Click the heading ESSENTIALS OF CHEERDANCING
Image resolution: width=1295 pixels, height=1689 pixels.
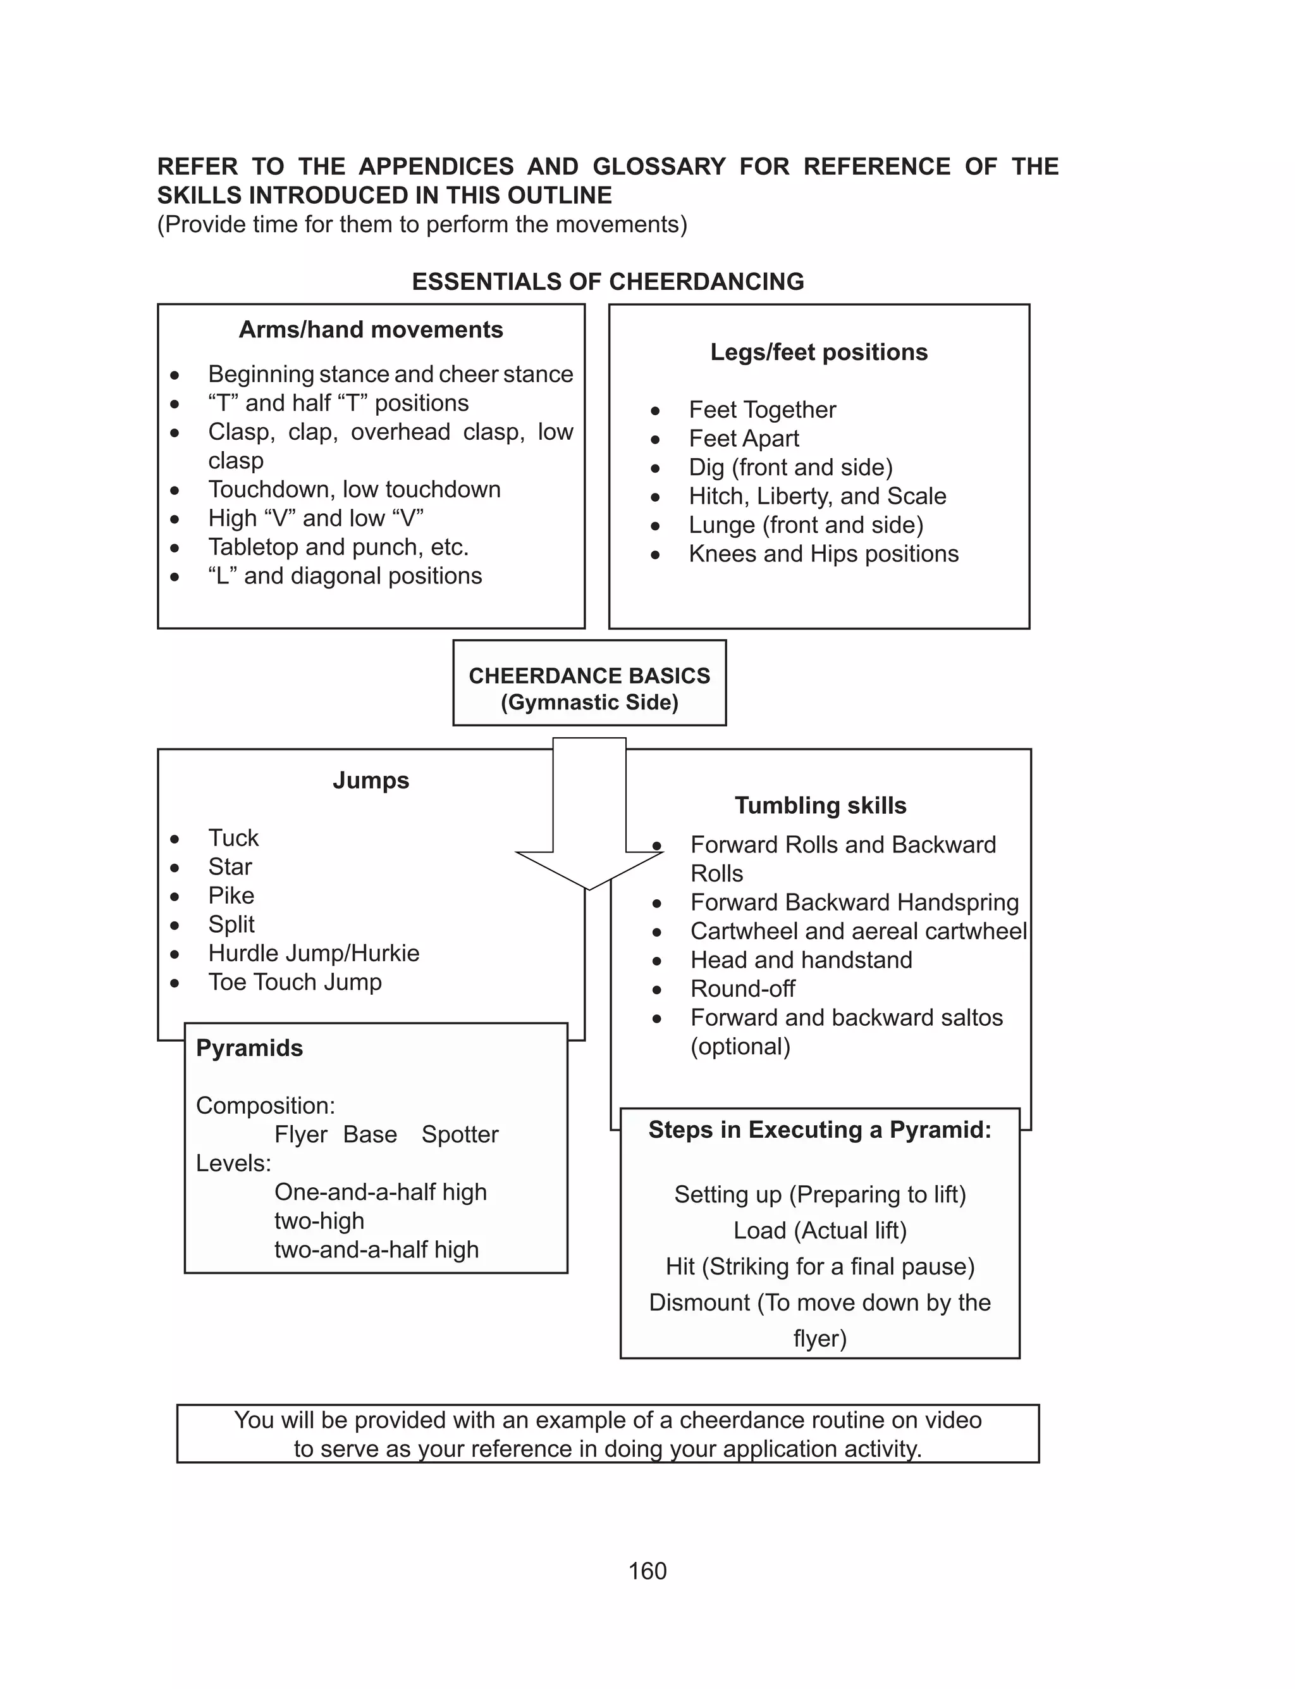608,282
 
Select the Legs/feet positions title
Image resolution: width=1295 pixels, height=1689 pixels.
819,352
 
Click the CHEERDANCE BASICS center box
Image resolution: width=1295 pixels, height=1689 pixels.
589,683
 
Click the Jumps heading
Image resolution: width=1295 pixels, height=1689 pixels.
371,780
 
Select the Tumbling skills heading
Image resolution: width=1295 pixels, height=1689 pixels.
820,805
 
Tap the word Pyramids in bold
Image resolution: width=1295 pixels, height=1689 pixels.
249,1048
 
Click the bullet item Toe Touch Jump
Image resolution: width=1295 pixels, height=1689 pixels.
295,982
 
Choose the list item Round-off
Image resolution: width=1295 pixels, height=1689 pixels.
742,988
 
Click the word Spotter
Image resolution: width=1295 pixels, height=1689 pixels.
460,1135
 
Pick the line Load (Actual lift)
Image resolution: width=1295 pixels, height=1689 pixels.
819,1230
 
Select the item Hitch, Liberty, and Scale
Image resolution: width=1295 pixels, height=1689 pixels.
817,496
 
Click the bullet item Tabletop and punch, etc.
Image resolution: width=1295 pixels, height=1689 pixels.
338,547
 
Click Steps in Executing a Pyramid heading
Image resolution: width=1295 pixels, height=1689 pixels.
819,1130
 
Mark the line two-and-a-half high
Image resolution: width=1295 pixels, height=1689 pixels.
376,1249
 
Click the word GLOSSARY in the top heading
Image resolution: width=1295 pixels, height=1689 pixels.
659,166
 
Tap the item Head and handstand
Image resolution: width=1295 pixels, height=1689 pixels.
801,960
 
